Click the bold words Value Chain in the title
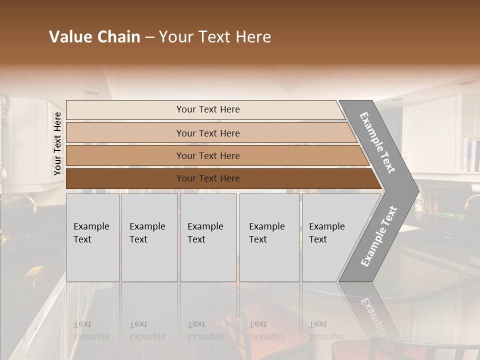[x=94, y=37]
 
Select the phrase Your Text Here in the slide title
[x=215, y=37]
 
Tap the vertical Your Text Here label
[x=57, y=143]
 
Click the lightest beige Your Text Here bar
[x=207, y=109]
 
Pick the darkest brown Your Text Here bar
[x=207, y=178]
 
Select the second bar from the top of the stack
[x=207, y=133]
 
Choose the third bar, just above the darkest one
[x=207, y=155]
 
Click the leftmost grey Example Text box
[x=92, y=237]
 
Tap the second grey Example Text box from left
[x=149, y=237]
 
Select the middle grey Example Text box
[x=208, y=237]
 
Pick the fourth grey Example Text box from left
[x=269, y=237]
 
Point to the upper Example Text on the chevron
[x=377, y=142]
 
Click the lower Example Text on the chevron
[x=378, y=236]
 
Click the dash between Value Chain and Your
[x=149, y=37]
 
